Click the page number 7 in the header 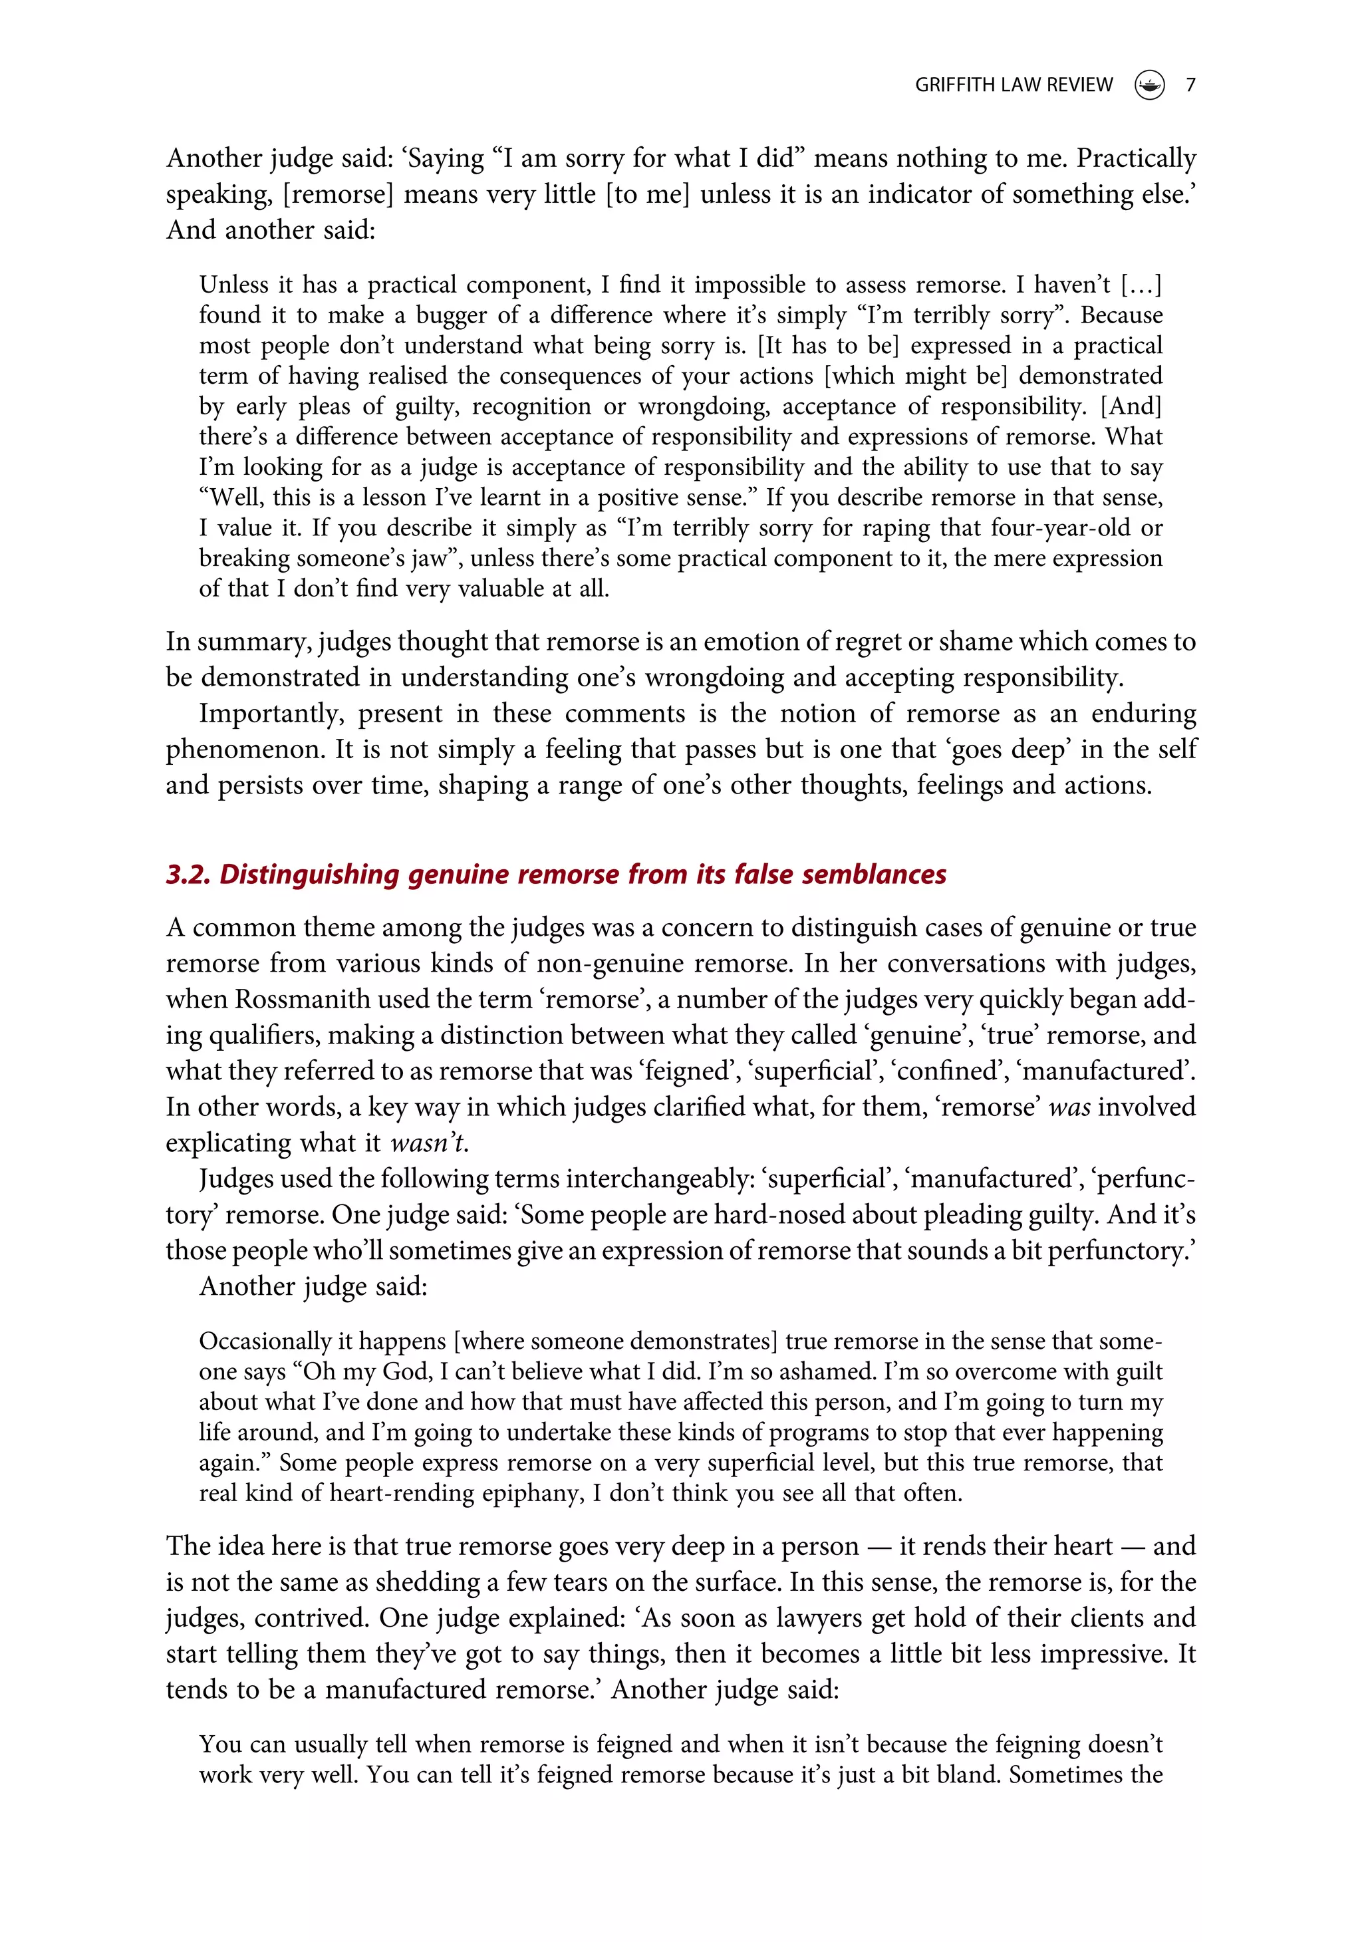pyautogui.click(x=1190, y=84)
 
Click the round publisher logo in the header pyautogui.click(x=1149, y=84)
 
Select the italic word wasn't pyautogui.click(x=427, y=1143)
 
